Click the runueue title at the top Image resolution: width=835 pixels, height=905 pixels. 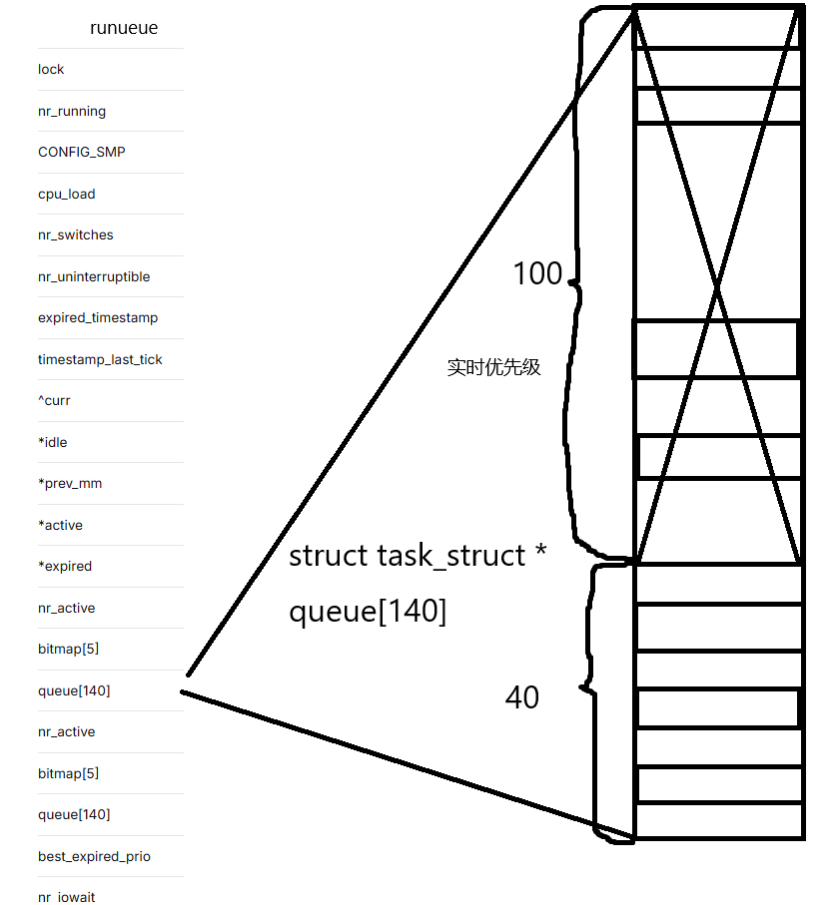click(124, 28)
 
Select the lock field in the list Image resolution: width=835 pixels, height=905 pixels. click(51, 70)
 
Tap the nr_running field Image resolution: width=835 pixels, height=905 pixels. click(72, 112)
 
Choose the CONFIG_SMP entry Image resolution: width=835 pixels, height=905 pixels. click(82, 153)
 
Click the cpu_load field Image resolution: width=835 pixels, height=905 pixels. click(67, 195)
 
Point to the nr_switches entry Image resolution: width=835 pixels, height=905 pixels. click(76, 235)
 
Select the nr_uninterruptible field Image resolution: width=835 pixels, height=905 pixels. click(94, 277)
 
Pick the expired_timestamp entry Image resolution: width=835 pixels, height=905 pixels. click(98, 318)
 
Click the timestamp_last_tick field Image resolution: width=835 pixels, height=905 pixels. click(100, 360)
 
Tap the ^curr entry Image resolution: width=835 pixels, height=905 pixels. click(54, 401)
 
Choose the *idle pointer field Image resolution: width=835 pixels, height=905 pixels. click(53, 442)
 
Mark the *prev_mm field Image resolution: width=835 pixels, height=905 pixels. click(70, 484)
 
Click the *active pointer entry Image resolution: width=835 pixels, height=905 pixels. click(60, 526)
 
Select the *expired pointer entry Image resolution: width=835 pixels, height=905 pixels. click(65, 567)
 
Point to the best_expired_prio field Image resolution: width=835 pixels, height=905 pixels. click(94, 857)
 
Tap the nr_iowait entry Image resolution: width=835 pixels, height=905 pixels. click(67, 897)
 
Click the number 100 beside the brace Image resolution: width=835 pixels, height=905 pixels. click(537, 274)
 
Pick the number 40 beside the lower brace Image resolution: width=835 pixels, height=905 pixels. click(521, 697)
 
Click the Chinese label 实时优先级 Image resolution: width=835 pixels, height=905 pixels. click(493, 367)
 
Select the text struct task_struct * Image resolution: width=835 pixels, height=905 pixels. click(417, 556)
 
